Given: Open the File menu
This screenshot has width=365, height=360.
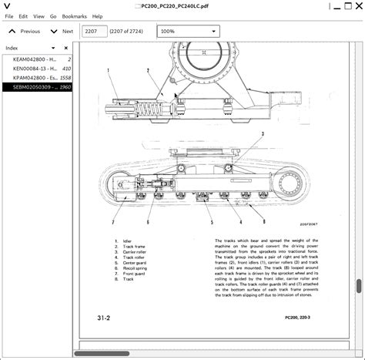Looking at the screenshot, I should pyautogui.click(x=8, y=15).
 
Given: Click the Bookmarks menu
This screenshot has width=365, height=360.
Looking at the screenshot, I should pyautogui.click(x=74, y=15).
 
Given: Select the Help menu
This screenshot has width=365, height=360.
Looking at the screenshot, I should pyautogui.click(x=97, y=15).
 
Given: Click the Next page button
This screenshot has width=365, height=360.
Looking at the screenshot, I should pyautogui.click(x=62, y=32).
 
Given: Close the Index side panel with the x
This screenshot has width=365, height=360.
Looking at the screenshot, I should pyautogui.click(x=71, y=47).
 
